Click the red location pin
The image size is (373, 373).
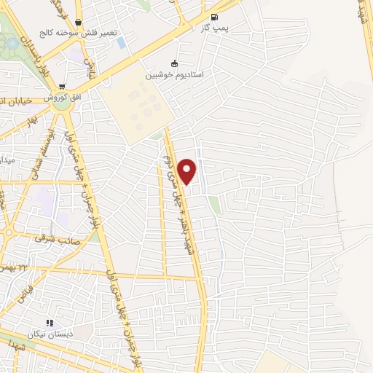point(187,171)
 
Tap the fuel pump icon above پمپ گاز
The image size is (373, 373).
point(213,17)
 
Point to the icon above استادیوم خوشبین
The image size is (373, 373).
point(173,63)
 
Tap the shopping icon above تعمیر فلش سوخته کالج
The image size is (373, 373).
point(77,23)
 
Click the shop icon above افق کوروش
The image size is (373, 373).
point(62,86)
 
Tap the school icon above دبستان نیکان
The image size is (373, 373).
point(49,323)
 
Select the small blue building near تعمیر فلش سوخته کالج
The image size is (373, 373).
point(120,42)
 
